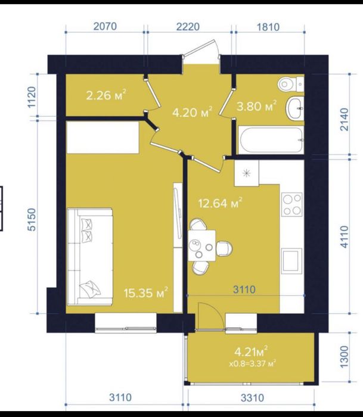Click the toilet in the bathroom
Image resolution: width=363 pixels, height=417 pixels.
291,85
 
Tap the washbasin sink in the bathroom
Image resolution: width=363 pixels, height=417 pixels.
295,108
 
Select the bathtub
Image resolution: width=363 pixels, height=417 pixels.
271,140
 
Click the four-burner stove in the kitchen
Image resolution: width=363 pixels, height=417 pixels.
292,204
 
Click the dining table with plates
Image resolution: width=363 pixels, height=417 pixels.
201,245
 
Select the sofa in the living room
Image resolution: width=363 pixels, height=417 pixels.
89,257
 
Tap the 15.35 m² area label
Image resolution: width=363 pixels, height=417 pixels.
146,292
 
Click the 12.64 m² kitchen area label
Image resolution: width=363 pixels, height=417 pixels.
220,203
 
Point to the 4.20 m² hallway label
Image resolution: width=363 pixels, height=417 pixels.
192,112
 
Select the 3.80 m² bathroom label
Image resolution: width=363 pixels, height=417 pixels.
256,106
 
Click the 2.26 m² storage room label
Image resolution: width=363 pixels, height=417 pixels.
106,95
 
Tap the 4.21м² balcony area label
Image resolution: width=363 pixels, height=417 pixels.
251,352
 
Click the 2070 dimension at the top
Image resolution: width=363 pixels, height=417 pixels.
105,26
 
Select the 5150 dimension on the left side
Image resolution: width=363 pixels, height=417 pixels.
32,220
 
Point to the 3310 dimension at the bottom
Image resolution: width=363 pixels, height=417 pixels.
252,398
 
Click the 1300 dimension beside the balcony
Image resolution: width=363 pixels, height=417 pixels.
344,357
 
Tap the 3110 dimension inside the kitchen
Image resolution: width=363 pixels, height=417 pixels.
244,290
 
